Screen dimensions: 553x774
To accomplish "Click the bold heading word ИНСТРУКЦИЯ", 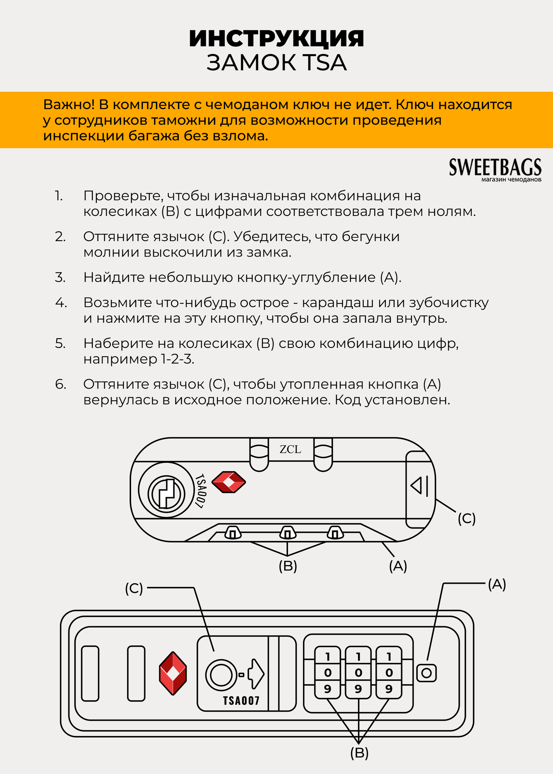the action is (276, 39).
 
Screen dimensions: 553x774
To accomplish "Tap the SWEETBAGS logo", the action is (495, 168).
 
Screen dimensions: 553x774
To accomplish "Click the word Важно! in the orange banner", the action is (68, 104).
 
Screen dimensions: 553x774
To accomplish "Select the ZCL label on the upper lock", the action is (290, 449).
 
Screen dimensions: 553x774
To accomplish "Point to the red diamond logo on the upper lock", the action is (229, 482).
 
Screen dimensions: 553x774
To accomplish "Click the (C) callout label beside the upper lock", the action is (466, 519).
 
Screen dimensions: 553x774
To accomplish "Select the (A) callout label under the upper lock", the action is (398, 566).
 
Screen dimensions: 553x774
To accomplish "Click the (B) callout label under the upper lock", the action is (288, 566).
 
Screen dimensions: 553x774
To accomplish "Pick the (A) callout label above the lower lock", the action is (497, 584).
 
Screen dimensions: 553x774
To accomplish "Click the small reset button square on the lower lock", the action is (426, 673).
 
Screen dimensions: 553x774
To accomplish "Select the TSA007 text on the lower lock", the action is (241, 701).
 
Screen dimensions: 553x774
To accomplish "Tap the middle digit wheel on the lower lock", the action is (358, 673).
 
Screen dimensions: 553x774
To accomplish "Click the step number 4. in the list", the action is (61, 303).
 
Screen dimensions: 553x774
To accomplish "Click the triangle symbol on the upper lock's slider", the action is (416, 485).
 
